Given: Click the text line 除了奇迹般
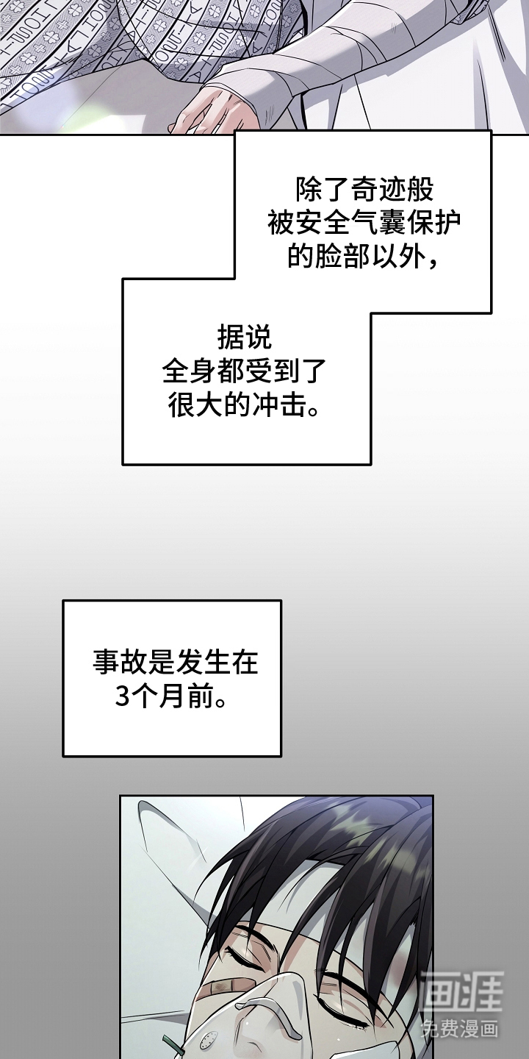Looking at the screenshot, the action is pos(364,190).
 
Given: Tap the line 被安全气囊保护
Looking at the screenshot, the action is pos(364,223).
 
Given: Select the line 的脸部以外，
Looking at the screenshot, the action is pos(364,256).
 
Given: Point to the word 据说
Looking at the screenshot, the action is pos(245,338).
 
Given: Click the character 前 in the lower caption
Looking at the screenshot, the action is pos(198,695).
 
